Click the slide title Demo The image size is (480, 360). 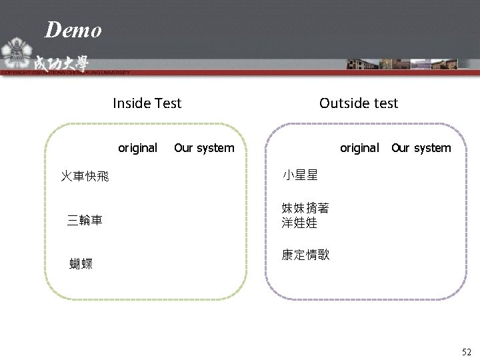73,30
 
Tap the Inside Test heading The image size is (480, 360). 147,103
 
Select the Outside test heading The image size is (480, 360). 358,103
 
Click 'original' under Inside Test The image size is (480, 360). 137,147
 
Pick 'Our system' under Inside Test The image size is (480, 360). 204,147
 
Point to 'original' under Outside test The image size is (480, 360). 359,147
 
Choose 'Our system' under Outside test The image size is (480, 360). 421,147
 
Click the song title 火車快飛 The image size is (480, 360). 85,177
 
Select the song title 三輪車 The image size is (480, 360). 85,220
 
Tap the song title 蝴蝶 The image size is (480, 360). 81,264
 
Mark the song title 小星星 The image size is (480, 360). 300,176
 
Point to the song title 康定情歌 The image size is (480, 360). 305,255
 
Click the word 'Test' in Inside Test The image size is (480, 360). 167,103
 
